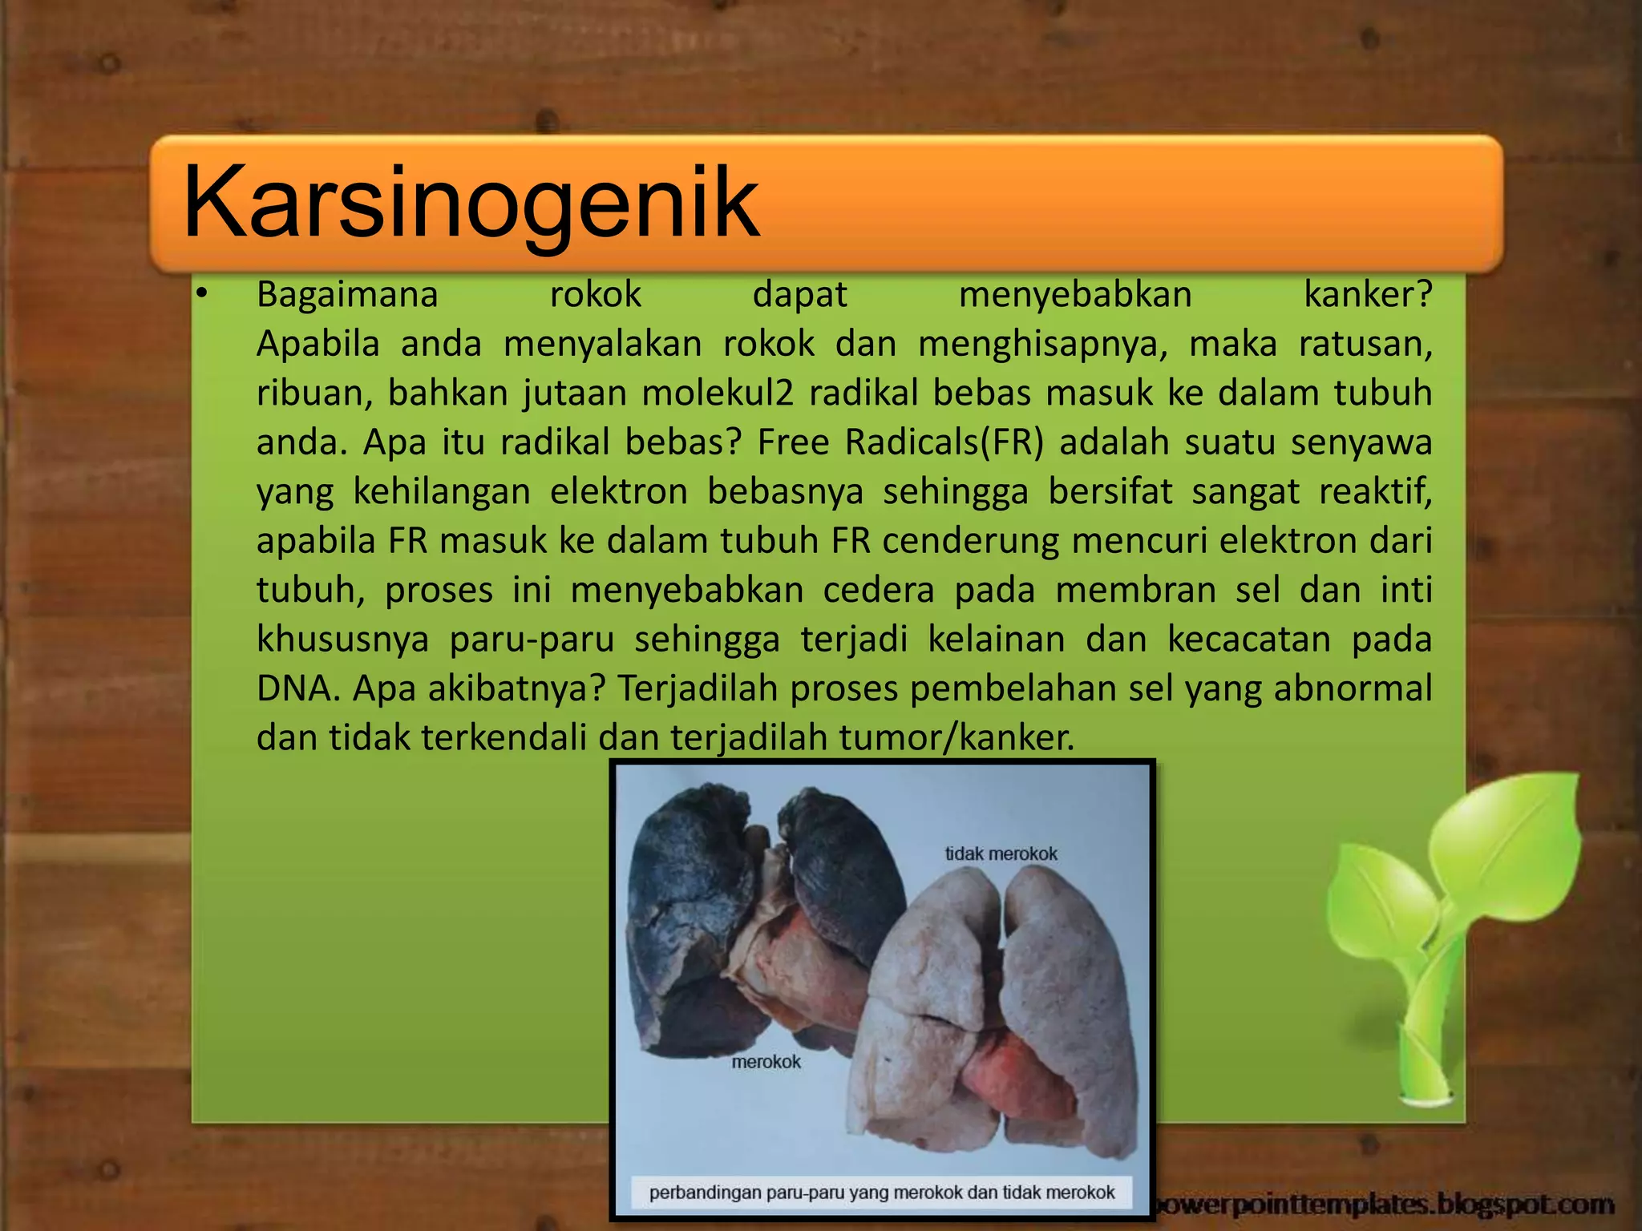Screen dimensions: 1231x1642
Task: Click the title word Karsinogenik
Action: coord(471,202)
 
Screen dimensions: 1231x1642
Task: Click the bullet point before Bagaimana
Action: coord(201,295)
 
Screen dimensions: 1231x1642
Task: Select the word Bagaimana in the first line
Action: coord(347,295)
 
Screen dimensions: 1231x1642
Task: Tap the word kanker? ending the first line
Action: coord(1368,295)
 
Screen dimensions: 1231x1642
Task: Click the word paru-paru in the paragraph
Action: coord(532,640)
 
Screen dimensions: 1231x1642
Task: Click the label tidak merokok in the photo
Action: coord(1001,854)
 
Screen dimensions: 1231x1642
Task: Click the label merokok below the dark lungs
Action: coord(766,1062)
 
